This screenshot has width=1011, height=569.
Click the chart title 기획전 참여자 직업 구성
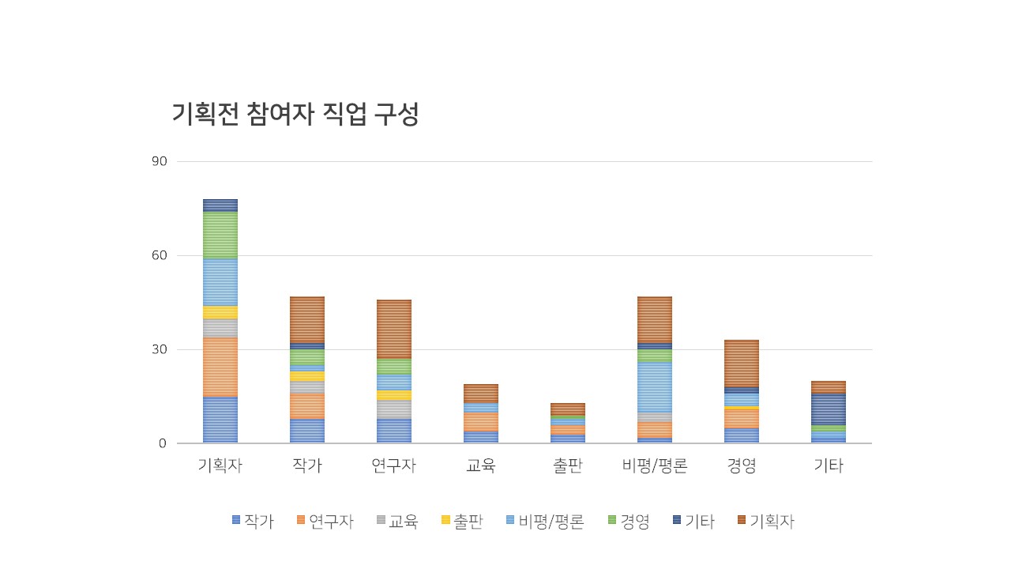pos(295,115)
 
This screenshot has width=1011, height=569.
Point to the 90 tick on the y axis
pos(160,161)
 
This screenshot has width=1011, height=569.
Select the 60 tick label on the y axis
pos(160,255)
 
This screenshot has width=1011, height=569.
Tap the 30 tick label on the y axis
pos(160,349)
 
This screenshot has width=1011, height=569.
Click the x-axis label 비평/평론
pos(655,465)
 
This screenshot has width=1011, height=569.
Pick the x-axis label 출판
pos(568,465)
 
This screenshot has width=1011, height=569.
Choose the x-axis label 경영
pos(742,465)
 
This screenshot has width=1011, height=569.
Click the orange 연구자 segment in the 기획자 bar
pos(220,367)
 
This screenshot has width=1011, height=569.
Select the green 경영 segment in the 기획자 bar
pos(220,235)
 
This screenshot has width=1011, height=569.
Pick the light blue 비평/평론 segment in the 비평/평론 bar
pos(655,386)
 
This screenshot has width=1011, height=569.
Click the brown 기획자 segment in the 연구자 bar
pos(394,329)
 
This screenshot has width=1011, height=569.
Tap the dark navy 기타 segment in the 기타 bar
pos(829,409)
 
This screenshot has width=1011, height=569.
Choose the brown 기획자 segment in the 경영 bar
pos(742,363)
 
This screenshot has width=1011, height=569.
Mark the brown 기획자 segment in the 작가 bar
pos(307,319)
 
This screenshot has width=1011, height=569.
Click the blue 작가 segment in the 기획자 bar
pos(220,420)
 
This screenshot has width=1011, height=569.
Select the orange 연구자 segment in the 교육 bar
pos(481,421)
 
